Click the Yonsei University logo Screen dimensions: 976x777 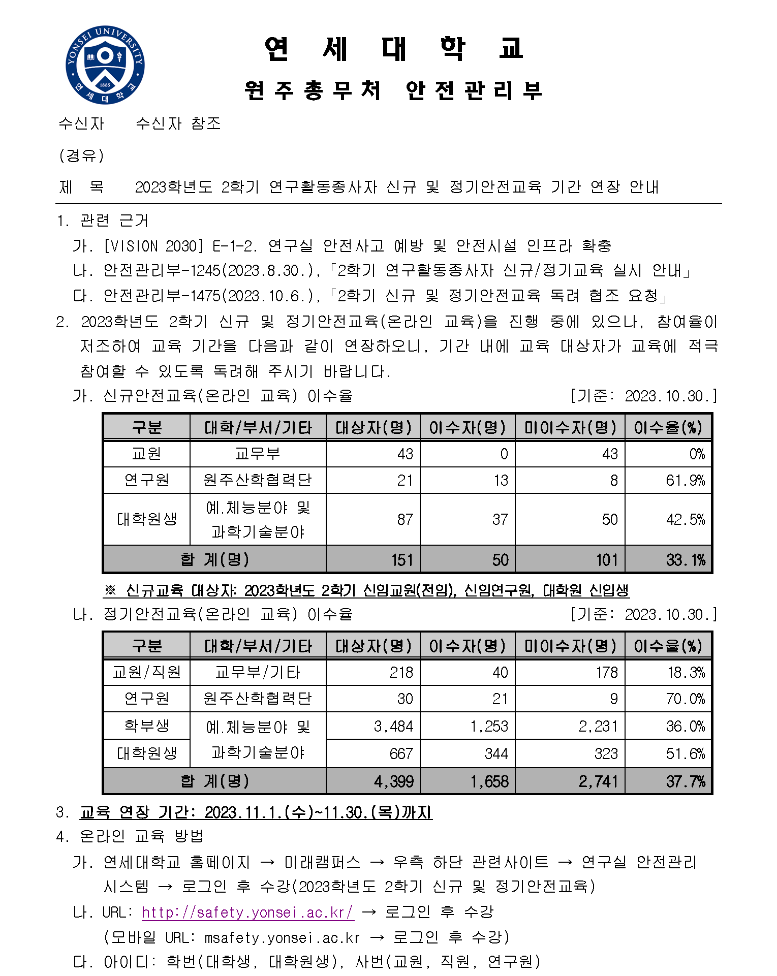[x=105, y=65]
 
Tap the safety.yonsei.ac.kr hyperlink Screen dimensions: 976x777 [x=247, y=912]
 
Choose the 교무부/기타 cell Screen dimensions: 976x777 [x=258, y=673]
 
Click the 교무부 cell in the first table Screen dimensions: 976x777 [x=258, y=454]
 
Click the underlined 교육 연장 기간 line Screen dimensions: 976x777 [x=256, y=812]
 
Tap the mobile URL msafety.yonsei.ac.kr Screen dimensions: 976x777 [x=282, y=937]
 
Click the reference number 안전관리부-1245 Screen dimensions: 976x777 [x=162, y=271]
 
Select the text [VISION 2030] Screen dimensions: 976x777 [x=153, y=246]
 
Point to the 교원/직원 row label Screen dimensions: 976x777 [x=146, y=673]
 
